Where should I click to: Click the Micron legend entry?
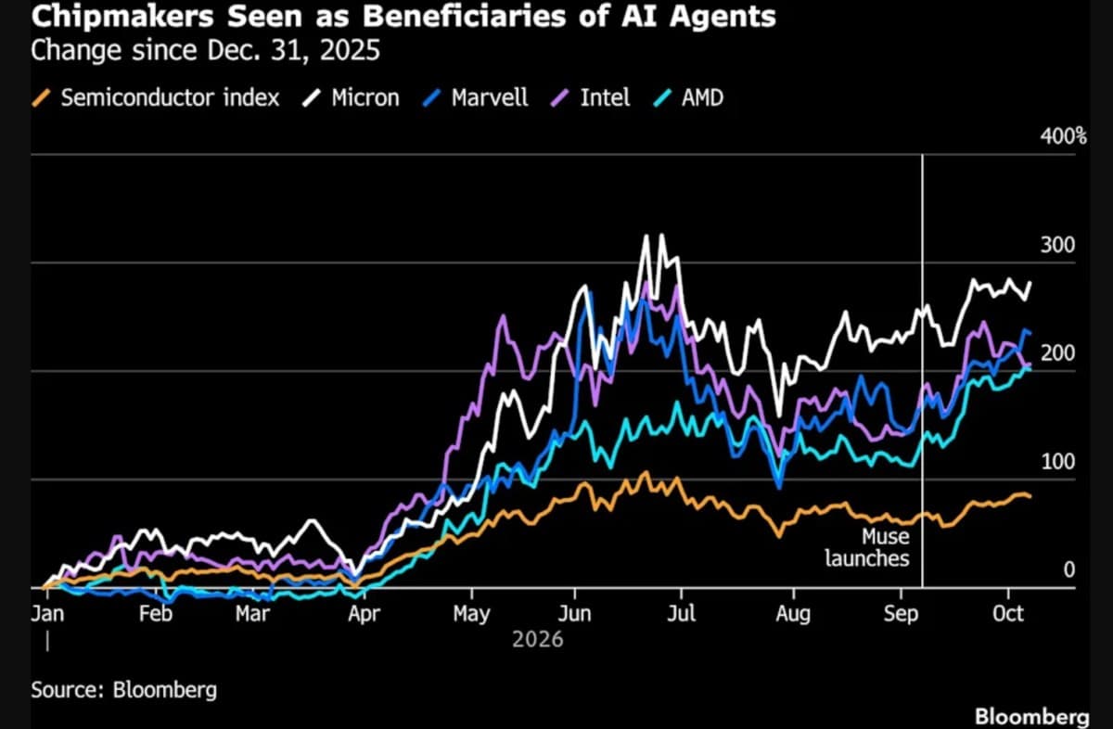(x=352, y=97)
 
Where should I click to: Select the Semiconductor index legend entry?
(x=156, y=97)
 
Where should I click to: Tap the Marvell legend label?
(x=476, y=97)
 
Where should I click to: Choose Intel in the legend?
(x=590, y=97)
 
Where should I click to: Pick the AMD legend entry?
(x=688, y=97)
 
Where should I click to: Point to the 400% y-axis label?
(x=1064, y=136)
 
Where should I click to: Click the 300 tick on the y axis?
(x=1058, y=245)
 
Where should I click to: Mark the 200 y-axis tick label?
(x=1058, y=353)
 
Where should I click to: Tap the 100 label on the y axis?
(x=1058, y=462)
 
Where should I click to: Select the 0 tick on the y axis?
(x=1069, y=569)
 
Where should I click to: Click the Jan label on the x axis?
(x=47, y=614)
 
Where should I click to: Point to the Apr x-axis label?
(x=364, y=615)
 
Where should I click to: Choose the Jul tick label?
(x=681, y=614)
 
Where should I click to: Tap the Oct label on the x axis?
(x=1008, y=614)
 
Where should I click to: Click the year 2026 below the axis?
(x=538, y=640)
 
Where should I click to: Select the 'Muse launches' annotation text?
(x=867, y=547)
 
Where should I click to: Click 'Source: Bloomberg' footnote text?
(x=124, y=690)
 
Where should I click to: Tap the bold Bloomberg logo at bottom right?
(x=1032, y=717)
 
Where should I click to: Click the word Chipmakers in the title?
(x=122, y=17)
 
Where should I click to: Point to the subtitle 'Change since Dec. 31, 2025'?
(x=205, y=50)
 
